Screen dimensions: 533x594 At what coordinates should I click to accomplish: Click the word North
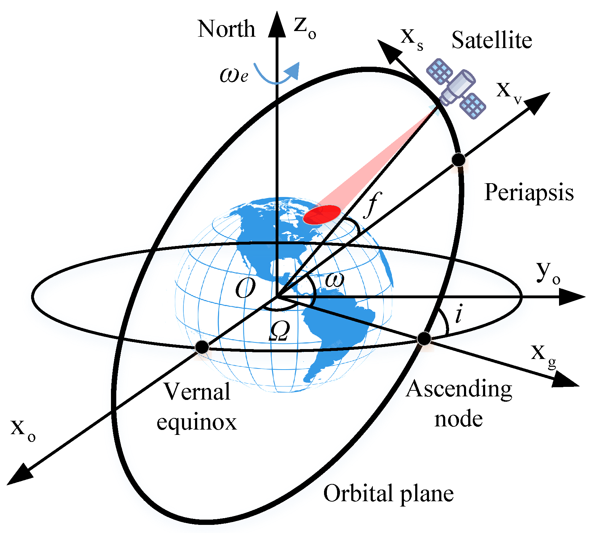pyautogui.click(x=226, y=29)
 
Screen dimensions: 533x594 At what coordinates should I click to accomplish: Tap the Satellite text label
pyautogui.click(x=492, y=40)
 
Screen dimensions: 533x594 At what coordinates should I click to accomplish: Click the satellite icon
pyautogui.click(x=456, y=88)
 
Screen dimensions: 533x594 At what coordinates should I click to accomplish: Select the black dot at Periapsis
pyautogui.click(x=459, y=160)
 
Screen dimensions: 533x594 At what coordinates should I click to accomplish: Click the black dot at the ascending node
pyautogui.click(x=424, y=339)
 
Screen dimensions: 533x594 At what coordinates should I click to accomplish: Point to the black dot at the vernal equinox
pyautogui.click(x=202, y=347)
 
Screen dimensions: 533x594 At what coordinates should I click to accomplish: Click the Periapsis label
pyautogui.click(x=529, y=193)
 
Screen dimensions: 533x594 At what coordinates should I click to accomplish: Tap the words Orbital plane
pyautogui.click(x=388, y=493)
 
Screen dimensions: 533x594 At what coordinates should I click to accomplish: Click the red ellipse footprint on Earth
pyautogui.click(x=322, y=215)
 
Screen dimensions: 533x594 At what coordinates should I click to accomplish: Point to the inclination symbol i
pyautogui.click(x=459, y=314)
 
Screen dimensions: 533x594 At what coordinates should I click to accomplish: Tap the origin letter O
pyautogui.click(x=245, y=288)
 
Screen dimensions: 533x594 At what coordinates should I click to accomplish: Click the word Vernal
pyautogui.click(x=197, y=392)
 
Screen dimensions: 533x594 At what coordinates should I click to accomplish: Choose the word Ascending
pyautogui.click(x=459, y=389)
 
